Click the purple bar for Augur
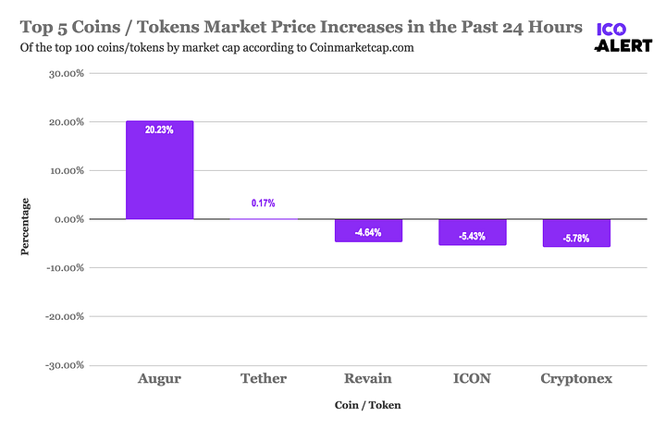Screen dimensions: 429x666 (160, 170)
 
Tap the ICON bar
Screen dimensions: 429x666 (473, 232)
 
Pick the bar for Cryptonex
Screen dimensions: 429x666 (576, 233)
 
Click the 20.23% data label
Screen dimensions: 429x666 (160, 130)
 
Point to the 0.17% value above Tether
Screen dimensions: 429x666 (264, 202)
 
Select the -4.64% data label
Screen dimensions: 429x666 (368, 232)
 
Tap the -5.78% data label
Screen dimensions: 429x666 (576, 239)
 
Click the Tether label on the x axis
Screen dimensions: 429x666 (264, 378)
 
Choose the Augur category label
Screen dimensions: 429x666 (160, 378)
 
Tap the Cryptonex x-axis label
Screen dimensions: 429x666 (576, 378)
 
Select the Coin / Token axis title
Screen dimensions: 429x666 (368, 405)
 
